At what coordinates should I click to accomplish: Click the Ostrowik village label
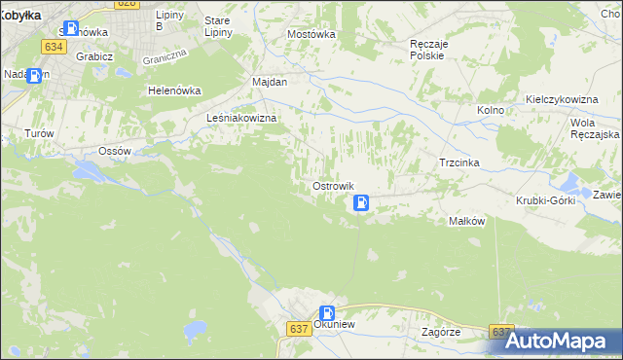[332, 186]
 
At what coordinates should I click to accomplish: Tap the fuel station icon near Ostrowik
[361, 203]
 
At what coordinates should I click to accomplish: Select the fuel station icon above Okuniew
[327, 313]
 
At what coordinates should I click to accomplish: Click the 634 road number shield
[54, 46]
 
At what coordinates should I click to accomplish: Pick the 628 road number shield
[126, 4]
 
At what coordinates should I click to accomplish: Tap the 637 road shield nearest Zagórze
[501, 332]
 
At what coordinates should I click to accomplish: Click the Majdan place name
[270, 82]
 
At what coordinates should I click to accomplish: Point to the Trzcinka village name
[458, 162]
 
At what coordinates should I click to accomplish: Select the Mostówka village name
[311, 33]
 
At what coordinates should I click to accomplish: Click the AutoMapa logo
[559, 341]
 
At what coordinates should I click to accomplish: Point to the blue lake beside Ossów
[89, 172]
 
